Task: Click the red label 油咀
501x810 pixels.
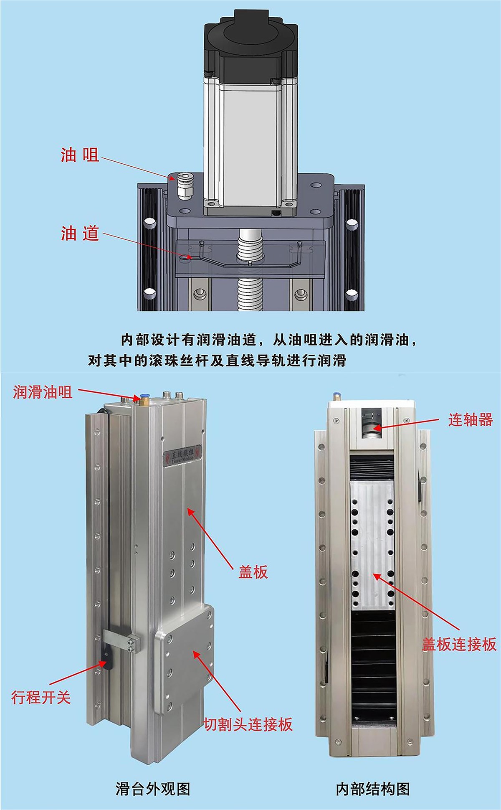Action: (80, 155)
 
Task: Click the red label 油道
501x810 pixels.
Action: (80, 233)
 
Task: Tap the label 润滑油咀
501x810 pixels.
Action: (43, 392)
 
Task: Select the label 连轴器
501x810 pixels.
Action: (470, 419)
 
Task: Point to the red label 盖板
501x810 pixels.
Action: (253, 572)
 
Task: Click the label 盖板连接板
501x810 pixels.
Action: (459, 644)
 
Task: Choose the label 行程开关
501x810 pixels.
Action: (41, 697)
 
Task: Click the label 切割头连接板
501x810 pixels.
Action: (248, 724)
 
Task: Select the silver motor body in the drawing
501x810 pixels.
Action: (250, 142)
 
